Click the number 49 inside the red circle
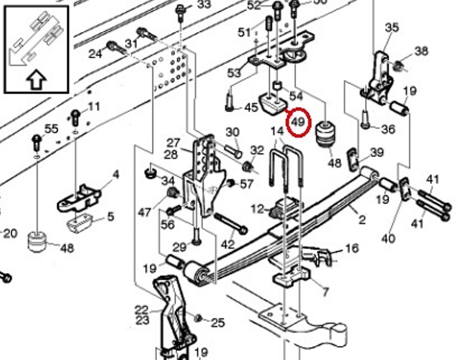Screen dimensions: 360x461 point(298,123)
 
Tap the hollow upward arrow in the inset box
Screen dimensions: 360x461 point(37,81)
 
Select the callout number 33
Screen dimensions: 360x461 point(204,5)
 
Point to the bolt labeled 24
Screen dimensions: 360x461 point(115,48)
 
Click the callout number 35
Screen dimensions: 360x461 point(392,27)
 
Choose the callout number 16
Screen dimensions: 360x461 point(351,248)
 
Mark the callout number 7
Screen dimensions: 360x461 point(325,292)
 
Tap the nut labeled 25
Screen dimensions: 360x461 point(198,318)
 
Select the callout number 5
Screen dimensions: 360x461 point(110,217)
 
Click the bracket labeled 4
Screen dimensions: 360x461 point(80,197)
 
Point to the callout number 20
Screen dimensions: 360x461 point(10,233)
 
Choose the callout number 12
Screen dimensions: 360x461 point(257,209)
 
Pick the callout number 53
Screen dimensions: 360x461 point(234,73)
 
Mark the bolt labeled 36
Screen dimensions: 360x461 point(366,120)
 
